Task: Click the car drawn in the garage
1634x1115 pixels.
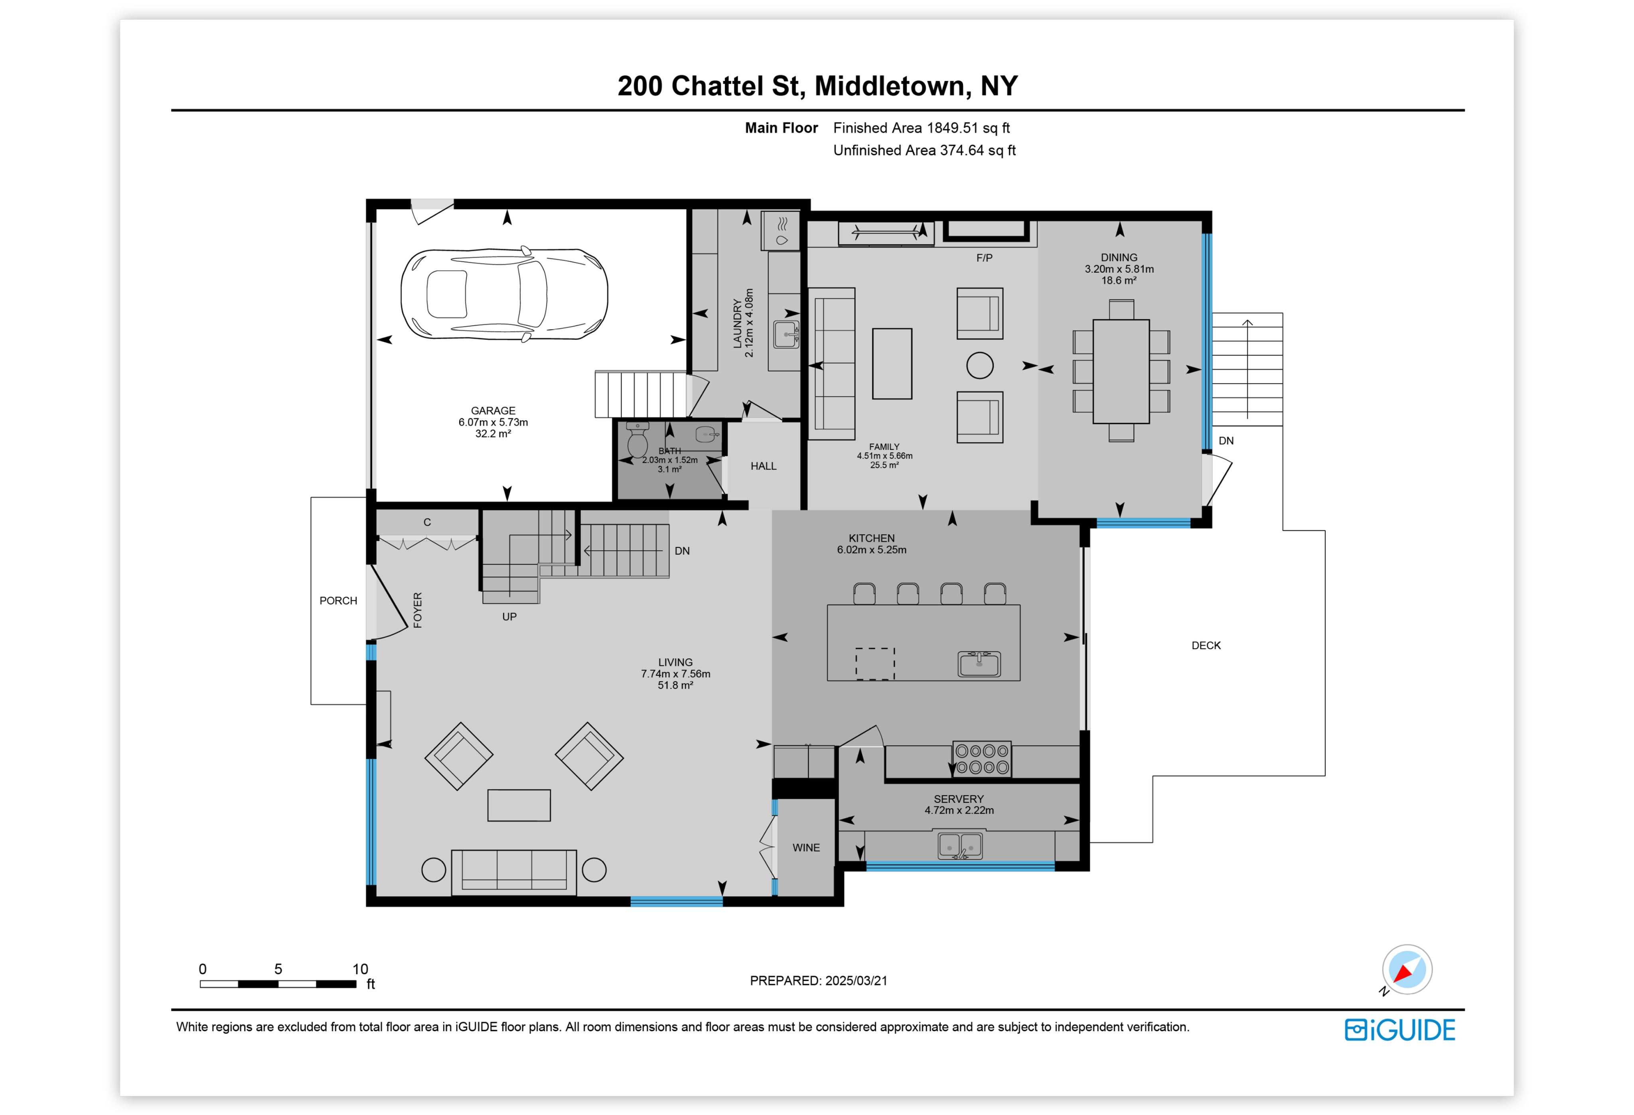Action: tap(504, 294)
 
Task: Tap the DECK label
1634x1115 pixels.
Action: tap(1206, 645)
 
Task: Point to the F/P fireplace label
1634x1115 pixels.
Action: tap(984, 258)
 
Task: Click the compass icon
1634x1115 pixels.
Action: tap(1407, 969)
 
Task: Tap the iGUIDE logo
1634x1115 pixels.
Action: tap(1400, 1030)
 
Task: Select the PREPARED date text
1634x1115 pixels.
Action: tap(819, 981)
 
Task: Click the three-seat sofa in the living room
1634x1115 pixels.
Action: tap(513, 872)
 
